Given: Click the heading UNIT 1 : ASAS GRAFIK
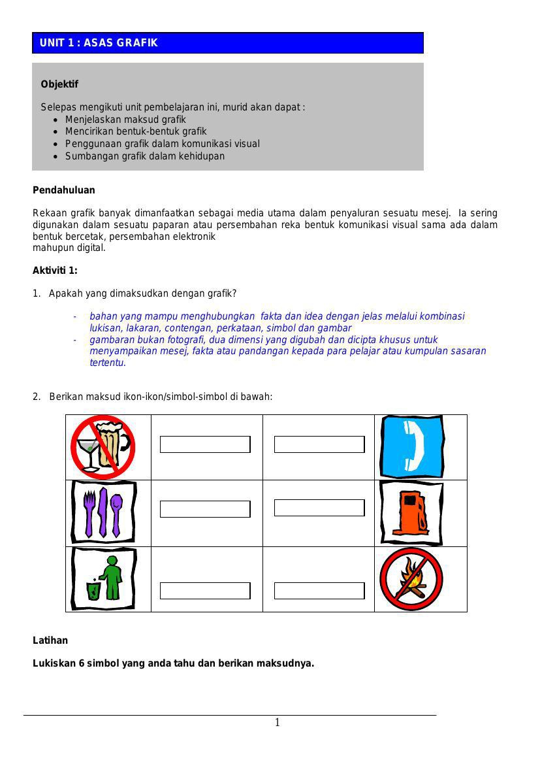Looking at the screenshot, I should (99, 43).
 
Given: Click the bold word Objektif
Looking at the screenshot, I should (59, 84).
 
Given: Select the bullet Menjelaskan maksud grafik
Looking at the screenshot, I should (125, 120).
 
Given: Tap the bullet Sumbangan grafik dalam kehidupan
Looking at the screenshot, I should (144, 156).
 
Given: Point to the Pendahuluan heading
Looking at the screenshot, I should (64, 190).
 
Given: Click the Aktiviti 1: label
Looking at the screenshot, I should (55, 271).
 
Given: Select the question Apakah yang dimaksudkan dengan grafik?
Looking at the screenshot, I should (142, 293).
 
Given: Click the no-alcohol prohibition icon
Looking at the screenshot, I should (103, 447).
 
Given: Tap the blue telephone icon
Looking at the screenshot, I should (412, 447).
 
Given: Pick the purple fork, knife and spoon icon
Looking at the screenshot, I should (103, 512).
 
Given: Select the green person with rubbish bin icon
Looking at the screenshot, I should (104, 578).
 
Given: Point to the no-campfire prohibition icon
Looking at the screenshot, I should (411, 579).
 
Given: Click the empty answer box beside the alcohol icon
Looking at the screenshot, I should (205, 444).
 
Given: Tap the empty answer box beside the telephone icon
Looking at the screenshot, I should (319, 444).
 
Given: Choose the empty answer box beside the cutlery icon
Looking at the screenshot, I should (205, 509).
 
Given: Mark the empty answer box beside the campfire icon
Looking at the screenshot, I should (319, 591).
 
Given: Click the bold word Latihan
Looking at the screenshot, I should (50, 640).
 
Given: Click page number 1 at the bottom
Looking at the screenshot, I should (278, 722).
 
